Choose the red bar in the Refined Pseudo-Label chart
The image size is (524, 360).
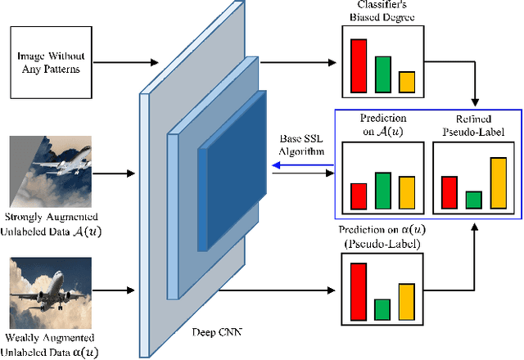point(449,192)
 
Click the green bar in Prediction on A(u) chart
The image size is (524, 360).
point(382,191)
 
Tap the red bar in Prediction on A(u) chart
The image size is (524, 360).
point(359,196)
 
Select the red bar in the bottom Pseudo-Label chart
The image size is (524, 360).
point(358,290)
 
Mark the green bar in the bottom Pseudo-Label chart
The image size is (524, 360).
point(382,309)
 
